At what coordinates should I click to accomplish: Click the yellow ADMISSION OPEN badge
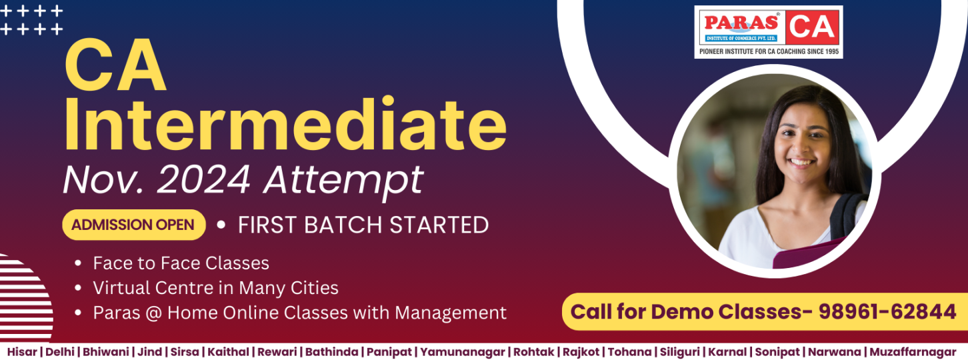pos(133,225)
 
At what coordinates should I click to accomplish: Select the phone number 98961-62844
pos(887,311)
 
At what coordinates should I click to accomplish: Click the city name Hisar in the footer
pos(22,351)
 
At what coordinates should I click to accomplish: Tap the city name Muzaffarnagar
pos(913,351)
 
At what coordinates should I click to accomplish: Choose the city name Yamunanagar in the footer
pos(463,351)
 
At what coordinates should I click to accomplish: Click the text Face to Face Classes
pos(181,263)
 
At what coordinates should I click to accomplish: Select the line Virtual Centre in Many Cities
pos(215,288)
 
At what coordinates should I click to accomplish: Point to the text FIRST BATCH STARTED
pos(363,225)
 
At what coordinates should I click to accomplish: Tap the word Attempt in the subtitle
pos(343,179)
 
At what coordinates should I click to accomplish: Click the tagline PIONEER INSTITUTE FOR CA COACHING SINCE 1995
pos(769,51)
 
